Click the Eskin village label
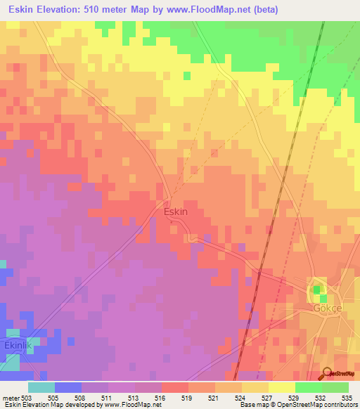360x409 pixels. (x=175, y=212)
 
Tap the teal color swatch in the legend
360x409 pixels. (x=41, y=388)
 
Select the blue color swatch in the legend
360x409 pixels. (x=68, y=388)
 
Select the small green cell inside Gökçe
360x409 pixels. (x=317, y=289)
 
